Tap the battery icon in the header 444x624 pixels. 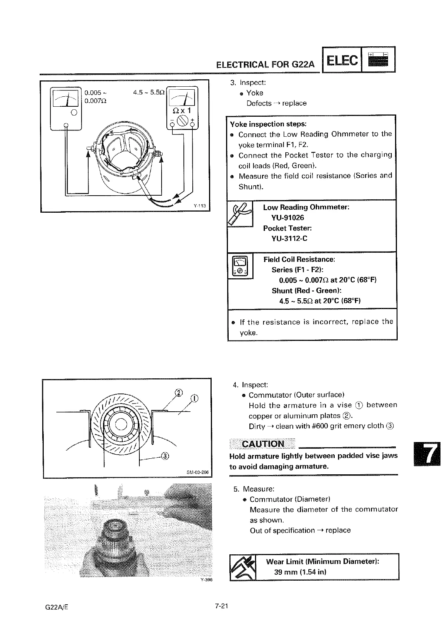pos(378,60)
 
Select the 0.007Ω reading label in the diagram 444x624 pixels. pos(95,101)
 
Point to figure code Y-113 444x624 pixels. pos(199,206)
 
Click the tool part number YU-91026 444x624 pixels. pos(288,218)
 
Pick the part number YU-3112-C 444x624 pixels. pos(289,238)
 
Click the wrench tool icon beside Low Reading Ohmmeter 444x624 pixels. pos(240,214)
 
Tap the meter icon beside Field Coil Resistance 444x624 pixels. pos(240,266)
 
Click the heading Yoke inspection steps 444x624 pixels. pos(268,124)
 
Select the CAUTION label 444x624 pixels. pos(263,444)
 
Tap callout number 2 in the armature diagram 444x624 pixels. pos(179,393)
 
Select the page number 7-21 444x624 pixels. pos(221,607)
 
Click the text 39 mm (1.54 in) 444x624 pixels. pos(300,572)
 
